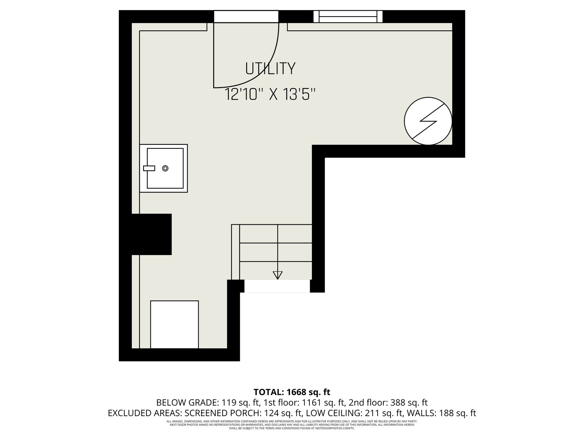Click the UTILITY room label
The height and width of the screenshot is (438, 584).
[x=270, y=69]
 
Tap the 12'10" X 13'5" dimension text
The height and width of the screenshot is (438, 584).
[x=270, y=95]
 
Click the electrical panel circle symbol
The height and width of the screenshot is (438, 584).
[x=428, y=121]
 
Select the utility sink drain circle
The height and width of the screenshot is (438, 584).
[x=165, y=168]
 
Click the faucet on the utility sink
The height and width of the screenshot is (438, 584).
[x=149, y=168]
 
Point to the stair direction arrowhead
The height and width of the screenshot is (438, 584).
[x=277, y=275]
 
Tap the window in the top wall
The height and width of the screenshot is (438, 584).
[x=348, y=17]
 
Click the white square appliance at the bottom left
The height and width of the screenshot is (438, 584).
[x=174, y=324]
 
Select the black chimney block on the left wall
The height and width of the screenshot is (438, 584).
[x=151, y=234]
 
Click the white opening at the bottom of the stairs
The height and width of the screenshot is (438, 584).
[x=277, y=286]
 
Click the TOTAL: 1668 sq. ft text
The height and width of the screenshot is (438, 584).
[x=292, y=392]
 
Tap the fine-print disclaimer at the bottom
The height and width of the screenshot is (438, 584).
[x=292, y=425]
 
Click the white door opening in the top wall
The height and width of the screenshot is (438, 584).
[x=246, y=17]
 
